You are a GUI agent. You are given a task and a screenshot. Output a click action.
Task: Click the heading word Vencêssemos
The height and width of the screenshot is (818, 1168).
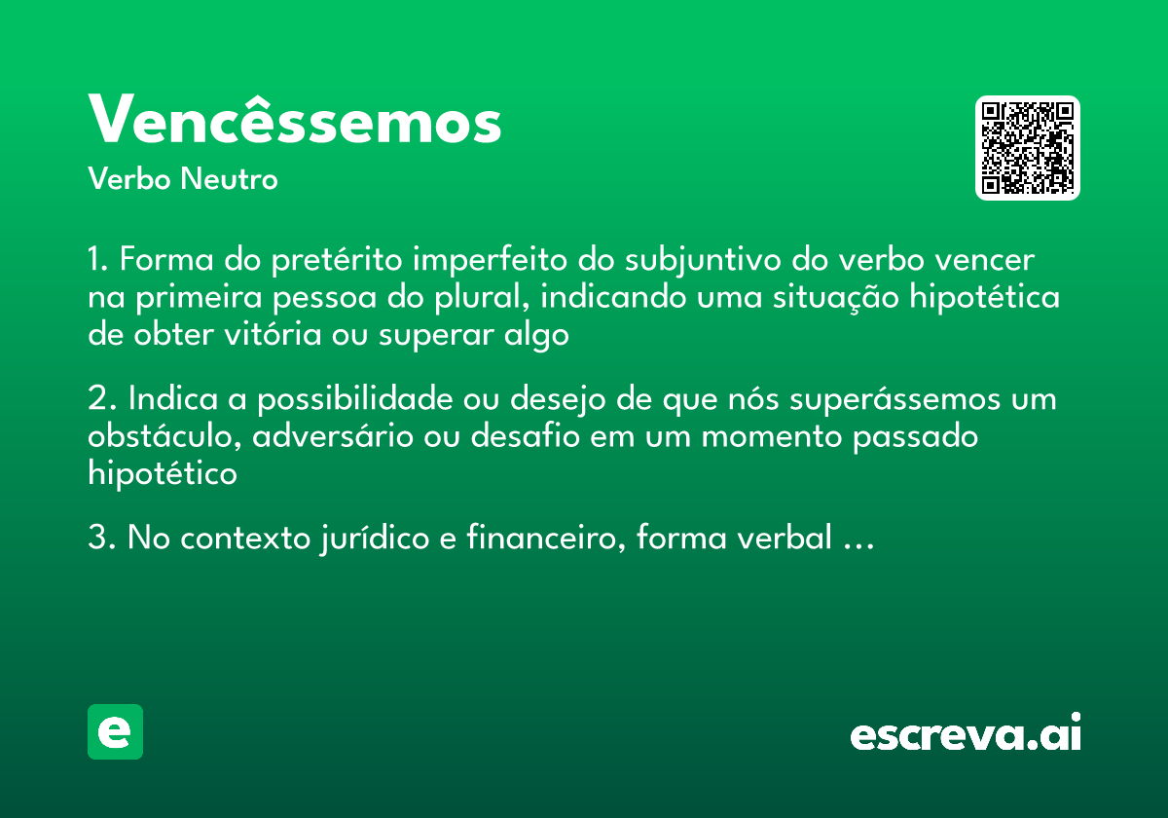[x=295, y=121]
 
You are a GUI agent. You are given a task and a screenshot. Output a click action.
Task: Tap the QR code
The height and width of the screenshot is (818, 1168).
[x=1028, y=148]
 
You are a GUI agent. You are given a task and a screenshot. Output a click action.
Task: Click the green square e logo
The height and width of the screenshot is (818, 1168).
[x=115, y=731]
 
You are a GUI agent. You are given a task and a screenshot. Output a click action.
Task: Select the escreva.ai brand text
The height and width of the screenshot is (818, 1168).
[x=966, y=734]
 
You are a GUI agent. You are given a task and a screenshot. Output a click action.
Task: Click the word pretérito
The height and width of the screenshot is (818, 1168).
[x=338, y=262]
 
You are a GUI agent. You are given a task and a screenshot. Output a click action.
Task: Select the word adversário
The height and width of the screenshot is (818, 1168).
[x=333, y=437]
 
